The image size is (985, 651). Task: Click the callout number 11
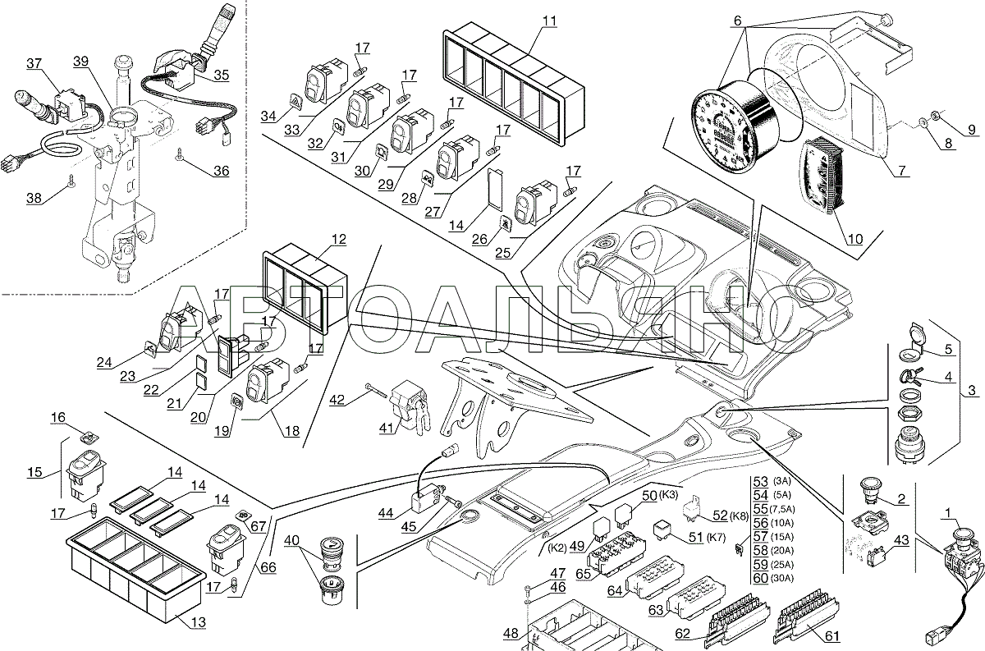[x=550, y=21]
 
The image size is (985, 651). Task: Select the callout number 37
[x=34, y=63]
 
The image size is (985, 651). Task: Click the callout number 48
[x=511, y=634]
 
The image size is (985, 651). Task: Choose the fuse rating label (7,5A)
[x=782, y=509]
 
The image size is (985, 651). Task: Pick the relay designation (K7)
[x=716, y=537]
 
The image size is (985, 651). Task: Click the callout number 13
[x=199, y=622]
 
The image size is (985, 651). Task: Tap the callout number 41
[x=387, y=427]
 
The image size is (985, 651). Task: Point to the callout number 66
[x=268, y=567]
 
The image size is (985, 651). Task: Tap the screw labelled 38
[x=71, y=179]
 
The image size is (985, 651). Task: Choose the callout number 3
[x=972, y=390]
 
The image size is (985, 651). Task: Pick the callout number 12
[x=339, y=239]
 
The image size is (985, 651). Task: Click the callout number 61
[x=832, y=636]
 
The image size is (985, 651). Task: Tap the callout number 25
[x=502, y=253]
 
